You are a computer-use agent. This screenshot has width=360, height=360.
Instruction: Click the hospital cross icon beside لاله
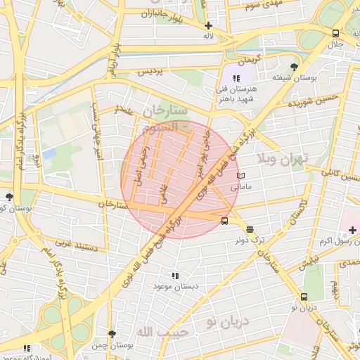pos(208,26)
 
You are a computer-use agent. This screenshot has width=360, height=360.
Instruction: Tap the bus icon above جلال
pos(335,33)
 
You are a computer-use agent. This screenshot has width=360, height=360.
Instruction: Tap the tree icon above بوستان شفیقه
pos(304,67)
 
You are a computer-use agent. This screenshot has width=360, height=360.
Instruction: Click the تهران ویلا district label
pos(283,158)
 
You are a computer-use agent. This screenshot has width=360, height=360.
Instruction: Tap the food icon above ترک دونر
pos(250,229)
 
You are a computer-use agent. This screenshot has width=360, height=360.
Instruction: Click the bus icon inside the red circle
pos(224,220)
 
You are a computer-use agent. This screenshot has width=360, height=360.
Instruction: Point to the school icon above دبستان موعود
pos(175,276)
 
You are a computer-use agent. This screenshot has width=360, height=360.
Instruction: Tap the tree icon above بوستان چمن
pos(111,334)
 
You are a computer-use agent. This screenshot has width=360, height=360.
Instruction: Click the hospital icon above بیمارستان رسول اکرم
pos(352,230)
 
